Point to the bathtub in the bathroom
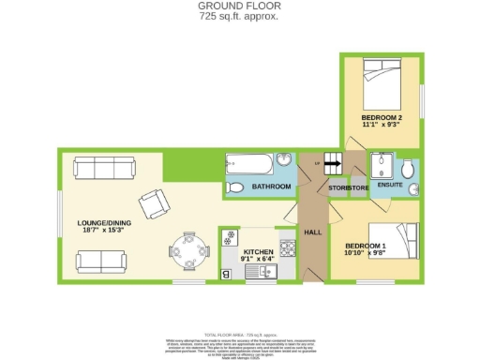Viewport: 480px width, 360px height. click(x=250, y=165)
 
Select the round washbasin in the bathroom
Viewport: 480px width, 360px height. click(x=284, y=159)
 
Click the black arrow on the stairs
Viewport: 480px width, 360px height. click(x=333, y=162)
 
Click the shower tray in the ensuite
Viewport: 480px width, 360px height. click(x=382, y=166)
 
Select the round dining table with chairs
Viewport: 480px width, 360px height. click(x=184, y=248)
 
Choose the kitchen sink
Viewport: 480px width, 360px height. click(x=259, y=271)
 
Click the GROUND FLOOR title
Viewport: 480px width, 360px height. click(x=240, y=6)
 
